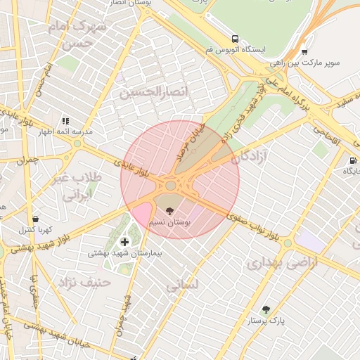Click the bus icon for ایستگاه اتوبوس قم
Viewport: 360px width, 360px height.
[235, 39]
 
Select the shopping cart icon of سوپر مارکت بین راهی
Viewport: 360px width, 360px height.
[304, 51]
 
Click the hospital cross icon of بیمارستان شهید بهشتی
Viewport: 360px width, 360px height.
[124, 242]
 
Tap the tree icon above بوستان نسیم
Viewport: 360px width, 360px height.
[169, 210]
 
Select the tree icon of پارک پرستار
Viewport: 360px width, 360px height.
[266, 309]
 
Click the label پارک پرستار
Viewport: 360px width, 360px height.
[266, 321]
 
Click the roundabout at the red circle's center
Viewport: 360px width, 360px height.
[171, 186]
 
